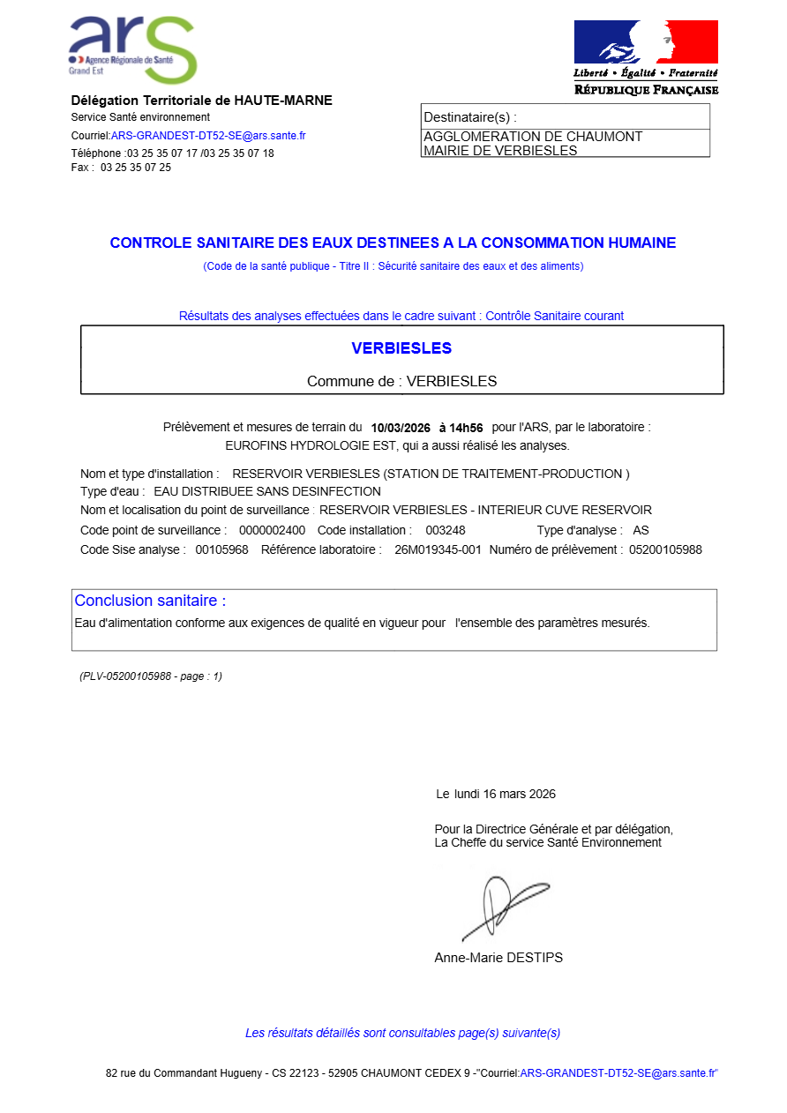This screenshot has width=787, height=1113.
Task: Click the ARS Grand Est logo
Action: click(x=132, y=49)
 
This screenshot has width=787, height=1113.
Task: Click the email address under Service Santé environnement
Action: click(x=208, y=136)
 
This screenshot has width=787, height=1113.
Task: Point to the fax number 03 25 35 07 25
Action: click(x=136, y=168)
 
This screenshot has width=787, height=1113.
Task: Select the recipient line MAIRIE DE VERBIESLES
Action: click(x=500, y=151)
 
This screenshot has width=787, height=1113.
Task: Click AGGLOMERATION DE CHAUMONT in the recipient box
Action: click(x=533, y=137)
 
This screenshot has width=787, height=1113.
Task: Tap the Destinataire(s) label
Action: click(x=469, y=117)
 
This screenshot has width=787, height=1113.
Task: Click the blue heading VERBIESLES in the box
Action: click(x=401, y=348)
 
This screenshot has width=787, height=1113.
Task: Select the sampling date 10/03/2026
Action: click(x=401, y=428)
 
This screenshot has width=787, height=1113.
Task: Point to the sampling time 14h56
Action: click(x=467, y=428)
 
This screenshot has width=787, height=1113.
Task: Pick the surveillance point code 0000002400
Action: click(x=272, y=530)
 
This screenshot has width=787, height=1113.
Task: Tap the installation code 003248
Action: click(x=446, y=530)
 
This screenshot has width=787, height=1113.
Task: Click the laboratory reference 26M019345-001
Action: click(x=438, y=549)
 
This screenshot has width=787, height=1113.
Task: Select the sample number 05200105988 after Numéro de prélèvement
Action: click(x=665, y=549)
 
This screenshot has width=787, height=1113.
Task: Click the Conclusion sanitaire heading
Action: click(x=150, y=601)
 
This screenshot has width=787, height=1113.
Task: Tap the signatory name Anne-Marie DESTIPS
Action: click(x=498, y=958)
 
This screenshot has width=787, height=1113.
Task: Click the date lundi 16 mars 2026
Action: click(x=505, y=794)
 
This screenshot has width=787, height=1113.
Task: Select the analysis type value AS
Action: click(x=641, y=530)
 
